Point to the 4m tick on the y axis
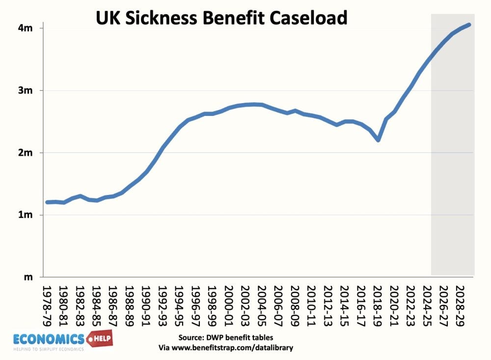[26, 28]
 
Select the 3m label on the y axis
[26, 90]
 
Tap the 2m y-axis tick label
[26, 153]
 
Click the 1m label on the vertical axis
[26, 215]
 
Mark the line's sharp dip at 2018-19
[378, 140]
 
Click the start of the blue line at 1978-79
[47, 202]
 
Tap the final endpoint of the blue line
[470, 25]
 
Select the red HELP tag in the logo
[100, 338]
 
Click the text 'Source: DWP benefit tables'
[225, 338]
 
